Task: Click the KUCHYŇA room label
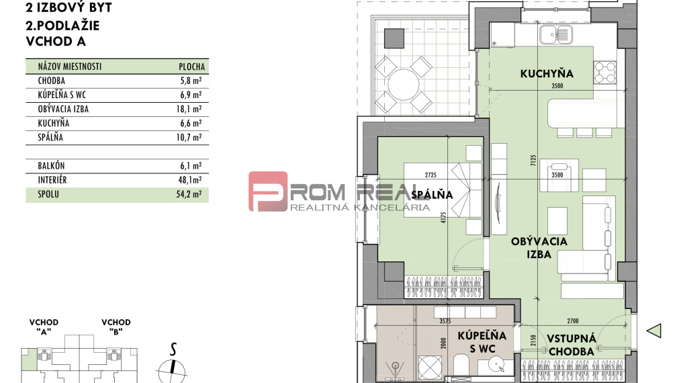545,73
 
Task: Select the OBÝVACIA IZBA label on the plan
539,248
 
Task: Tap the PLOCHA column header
192,67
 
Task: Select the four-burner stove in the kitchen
604,70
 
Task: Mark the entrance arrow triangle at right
654,330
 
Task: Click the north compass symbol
173,367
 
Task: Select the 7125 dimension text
532,160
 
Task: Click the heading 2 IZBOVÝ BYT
68,9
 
